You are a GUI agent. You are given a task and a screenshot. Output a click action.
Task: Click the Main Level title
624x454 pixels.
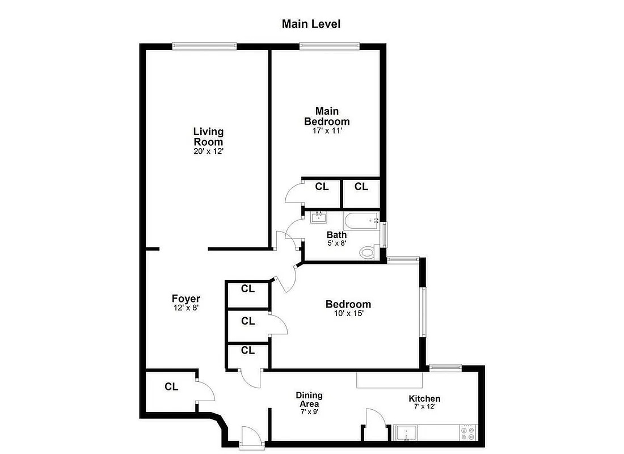click(311, 24)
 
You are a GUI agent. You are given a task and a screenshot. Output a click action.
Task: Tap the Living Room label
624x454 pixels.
click(208, 137)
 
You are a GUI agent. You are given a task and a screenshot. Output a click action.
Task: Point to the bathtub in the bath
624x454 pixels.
click(361, 220)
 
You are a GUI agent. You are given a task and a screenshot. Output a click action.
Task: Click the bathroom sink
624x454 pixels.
click(319, 217)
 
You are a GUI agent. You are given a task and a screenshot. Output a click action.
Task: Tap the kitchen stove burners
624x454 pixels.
click(469, 434)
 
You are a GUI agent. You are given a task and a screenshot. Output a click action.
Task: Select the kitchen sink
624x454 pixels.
click(407, 433)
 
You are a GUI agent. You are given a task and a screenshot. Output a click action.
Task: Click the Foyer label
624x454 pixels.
click(185, 299)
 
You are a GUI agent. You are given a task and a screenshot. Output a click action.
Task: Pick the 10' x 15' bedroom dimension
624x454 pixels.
click(348, 313)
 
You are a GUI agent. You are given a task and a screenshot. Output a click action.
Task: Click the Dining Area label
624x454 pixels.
click(309, 400)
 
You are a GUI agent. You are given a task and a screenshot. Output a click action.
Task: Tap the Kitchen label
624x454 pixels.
click(424, 399)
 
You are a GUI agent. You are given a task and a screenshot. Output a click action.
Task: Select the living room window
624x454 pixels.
click(204, 46)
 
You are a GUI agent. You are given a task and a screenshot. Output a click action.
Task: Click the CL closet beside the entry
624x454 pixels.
click(171, 387)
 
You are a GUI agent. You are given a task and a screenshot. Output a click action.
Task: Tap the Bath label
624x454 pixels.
click(336, 234)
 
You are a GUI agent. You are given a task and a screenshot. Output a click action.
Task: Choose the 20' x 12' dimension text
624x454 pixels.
click(208, 151)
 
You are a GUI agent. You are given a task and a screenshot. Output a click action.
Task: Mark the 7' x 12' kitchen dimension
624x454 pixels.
click(424, 406)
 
